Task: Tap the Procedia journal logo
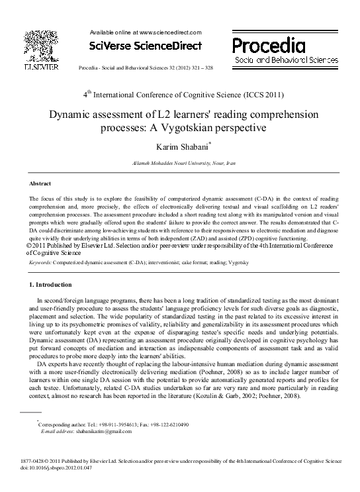268,45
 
